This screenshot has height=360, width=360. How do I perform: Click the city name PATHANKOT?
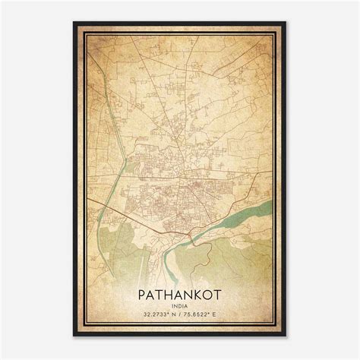(179, 292)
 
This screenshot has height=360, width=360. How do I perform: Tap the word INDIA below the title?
(179, 303)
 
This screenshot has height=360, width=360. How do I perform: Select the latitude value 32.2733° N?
(158, 311)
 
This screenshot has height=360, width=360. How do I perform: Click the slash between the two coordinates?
(179, 311)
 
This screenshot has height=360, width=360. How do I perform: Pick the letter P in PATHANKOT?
(143, 292)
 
